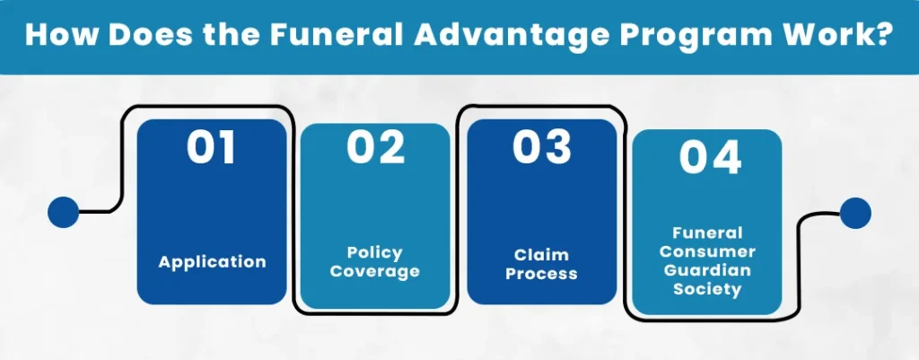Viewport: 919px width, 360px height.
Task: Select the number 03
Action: [x=542, y=147]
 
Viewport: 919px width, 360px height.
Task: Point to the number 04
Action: [x=711, y=158]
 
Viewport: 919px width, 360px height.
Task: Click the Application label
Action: [x=212, y=261]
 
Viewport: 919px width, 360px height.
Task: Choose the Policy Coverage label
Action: [x=375, y=262]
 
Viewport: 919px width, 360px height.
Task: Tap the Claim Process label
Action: [x=541, y=265]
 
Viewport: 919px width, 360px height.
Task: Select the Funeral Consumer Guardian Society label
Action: [x=707, y=261]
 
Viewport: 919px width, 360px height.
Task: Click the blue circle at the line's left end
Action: [x=64, y=212]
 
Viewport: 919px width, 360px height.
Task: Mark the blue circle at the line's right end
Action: [x=855, y=214]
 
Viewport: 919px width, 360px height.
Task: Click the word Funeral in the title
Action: [x=335, y=36]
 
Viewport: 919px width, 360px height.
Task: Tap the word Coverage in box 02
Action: [x=375, y=271]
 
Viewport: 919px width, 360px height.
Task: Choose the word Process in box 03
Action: [x=541, y=273]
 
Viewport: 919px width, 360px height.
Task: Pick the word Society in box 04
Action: [x=707, y=290]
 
